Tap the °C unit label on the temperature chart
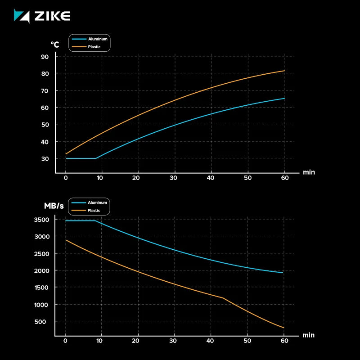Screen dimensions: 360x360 (55, 45)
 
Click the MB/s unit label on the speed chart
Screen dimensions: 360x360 (54, 206)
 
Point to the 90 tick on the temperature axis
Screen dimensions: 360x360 (45, 57)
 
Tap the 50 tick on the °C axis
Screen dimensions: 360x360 (45, 125)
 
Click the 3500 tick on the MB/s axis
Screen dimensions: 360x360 (41, 220)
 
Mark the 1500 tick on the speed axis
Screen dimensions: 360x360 (41, 288)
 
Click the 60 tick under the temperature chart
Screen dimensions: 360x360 (284, 178)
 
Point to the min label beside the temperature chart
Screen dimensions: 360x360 (309, 172)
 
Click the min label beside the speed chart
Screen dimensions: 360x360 (309, 335)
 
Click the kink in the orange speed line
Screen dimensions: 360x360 (223, 298)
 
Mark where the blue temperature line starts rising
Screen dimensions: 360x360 (96, 158)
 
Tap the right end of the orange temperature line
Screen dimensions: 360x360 (284, 71)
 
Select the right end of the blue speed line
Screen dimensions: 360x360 (283, 273)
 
